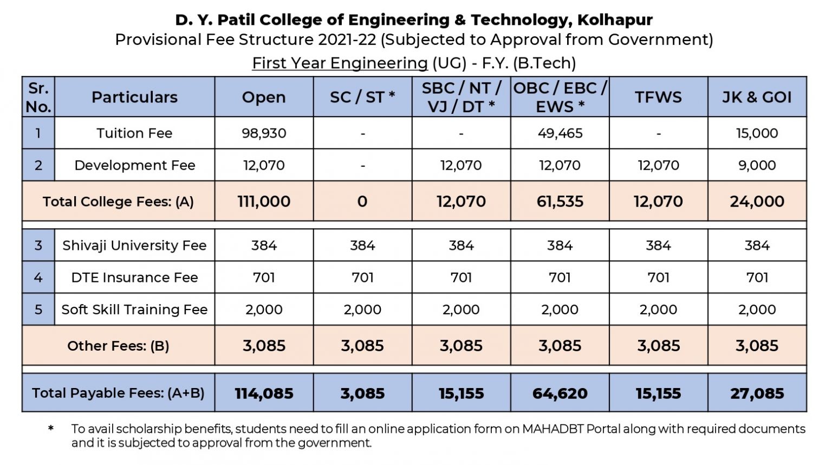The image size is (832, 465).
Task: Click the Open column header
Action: click(x=264, y=97)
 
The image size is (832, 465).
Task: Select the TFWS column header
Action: click(x=658, y=97)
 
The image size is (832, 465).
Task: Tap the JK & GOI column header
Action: click(x=757, y=97)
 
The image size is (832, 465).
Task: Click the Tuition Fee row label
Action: click(x=134, y=133)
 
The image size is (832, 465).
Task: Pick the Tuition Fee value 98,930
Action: click(x=264, y=133)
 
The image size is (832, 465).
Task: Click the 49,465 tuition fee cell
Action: click(x=560, y=133)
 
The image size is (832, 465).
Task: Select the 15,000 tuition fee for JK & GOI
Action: click(x=757, y=133)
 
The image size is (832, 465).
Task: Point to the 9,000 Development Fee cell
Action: click(x=757, y=165)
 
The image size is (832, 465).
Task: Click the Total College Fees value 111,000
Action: click(x=264, y=202)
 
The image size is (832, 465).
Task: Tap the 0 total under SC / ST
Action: click(x=362, y=202)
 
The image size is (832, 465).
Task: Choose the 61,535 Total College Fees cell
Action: click(x=560, y=202)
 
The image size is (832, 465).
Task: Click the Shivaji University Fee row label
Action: click(x=134, y=246)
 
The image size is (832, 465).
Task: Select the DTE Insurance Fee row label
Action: click(x=134, y=277)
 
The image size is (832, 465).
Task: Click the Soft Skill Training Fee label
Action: click(x=134, y=309)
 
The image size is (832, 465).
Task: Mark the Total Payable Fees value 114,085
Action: click(x=264, y=393)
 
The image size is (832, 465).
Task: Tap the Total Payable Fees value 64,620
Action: click(x=560, y=393)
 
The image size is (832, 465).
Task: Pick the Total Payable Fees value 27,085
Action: click(x=757, y=393)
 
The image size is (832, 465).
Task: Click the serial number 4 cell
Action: click(x=38, y=277)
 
